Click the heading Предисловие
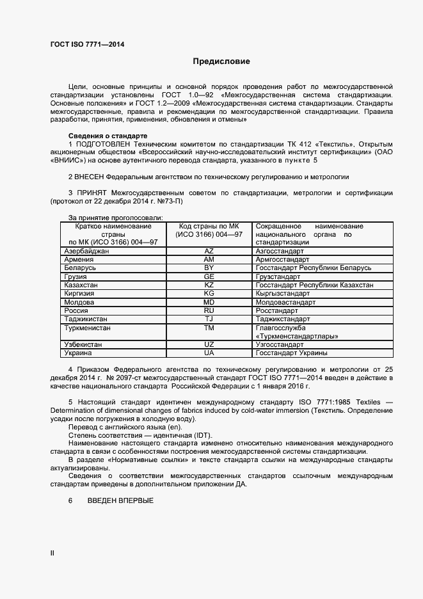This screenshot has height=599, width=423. (x=221, y=62)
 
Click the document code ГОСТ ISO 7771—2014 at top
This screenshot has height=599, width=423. (x=87, y=44)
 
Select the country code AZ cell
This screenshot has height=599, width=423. (x=209, y=252)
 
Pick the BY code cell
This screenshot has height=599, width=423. (x=209, y=268)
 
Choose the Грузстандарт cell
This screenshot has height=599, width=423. (x=278, y=276)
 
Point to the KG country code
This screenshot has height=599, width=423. (x=209, y=293)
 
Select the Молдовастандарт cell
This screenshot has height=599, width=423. (x=285, y=302)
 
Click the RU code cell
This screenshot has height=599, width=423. (x=209, y=310)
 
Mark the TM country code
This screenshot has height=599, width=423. (x=209, y=327)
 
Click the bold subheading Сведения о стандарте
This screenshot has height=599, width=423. (x=108, y=136)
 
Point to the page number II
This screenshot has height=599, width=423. (x=52, y=552)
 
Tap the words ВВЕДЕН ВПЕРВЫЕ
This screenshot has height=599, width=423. (x=120, y=500)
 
